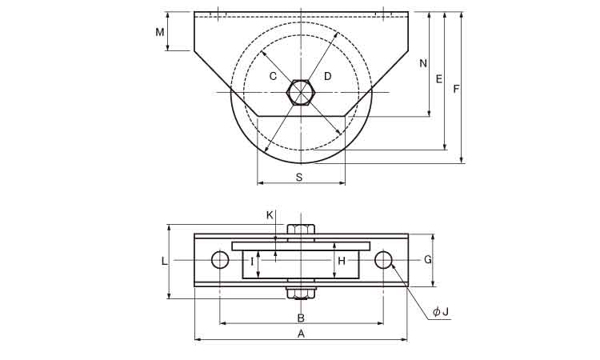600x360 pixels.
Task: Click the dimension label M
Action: (x=159, y=32)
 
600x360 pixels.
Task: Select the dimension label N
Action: (x=423, y=63)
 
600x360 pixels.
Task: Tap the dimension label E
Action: (x=439, y=79)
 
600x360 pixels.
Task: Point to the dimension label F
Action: (x=456, y=89)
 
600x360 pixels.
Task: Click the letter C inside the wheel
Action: (x=273, y=76)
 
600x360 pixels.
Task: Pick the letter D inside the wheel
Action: (x=327, y=76)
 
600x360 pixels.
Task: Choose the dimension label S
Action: (x=300, y=177)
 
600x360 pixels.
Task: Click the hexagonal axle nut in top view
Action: (x=301, y=92)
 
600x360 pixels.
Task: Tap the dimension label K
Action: (x=270, y=215)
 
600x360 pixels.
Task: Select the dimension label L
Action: (x=164, y=262)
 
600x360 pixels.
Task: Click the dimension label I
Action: (x=252, y=262)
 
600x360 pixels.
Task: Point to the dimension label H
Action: (x=342, y=262)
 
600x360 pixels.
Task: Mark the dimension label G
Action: (x=428, y=260)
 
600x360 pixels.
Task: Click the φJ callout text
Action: (x=441, y=313)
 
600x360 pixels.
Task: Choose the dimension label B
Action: (x=301, y=318)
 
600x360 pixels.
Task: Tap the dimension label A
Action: (x=301, y=334)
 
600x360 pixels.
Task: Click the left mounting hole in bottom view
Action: (x=220, y=260)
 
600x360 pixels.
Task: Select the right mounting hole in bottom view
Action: (x=383, y=260)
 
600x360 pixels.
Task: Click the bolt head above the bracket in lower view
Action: (x=301, y=229)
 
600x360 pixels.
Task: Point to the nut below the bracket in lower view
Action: (x=301, y=293)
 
